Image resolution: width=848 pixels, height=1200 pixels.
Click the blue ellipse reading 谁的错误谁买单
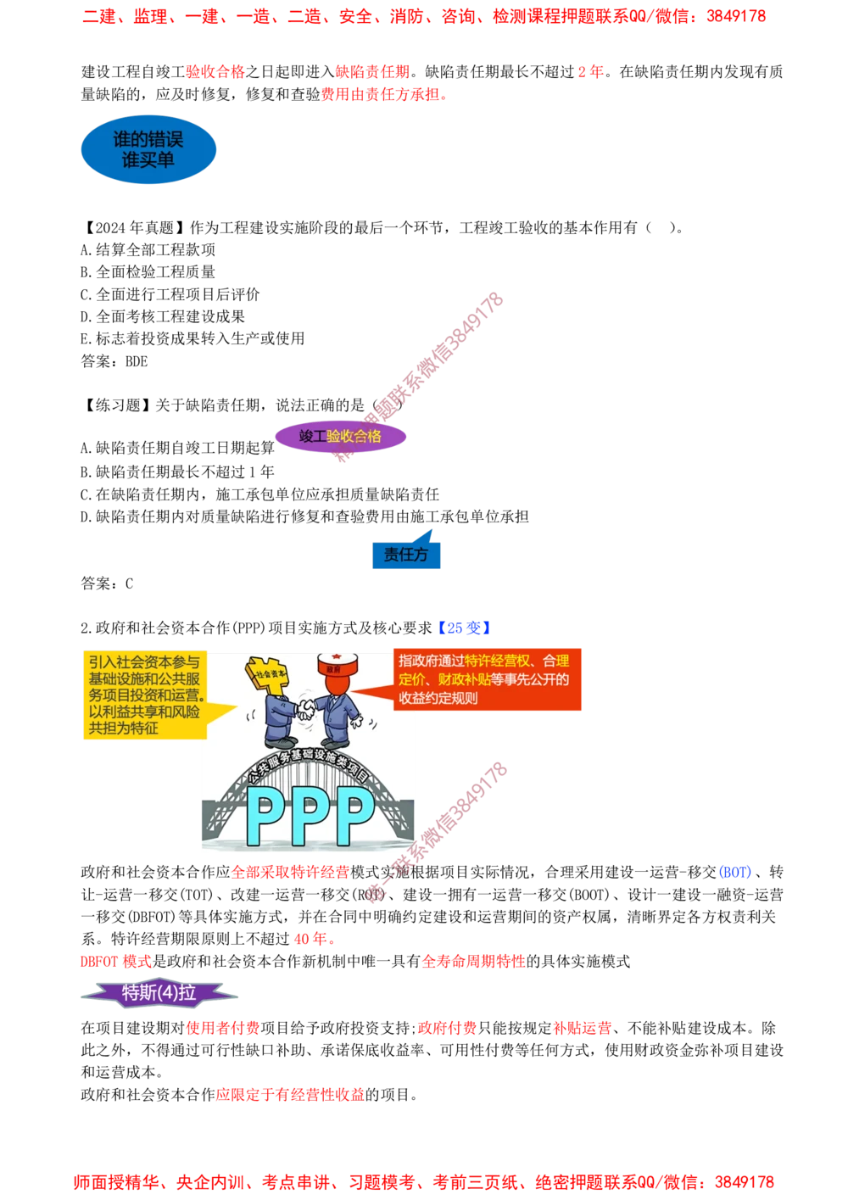click(148, 150)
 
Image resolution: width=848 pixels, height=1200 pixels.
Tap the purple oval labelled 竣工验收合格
click(340, 437)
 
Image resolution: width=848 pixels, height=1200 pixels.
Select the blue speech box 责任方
click(406, 555)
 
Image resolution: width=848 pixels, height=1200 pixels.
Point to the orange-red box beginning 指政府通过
click(487, 679)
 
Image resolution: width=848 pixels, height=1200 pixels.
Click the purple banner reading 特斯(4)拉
click(159, 993)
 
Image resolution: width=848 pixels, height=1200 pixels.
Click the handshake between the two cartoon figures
click(306, 708)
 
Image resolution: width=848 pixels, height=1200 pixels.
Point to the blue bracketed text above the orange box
click(465, 628)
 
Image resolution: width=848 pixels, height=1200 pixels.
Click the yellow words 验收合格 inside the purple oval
click(354, 437)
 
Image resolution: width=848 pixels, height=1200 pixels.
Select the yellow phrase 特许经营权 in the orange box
click(495, 661)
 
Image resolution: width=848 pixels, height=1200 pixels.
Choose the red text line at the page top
click(423, 17)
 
